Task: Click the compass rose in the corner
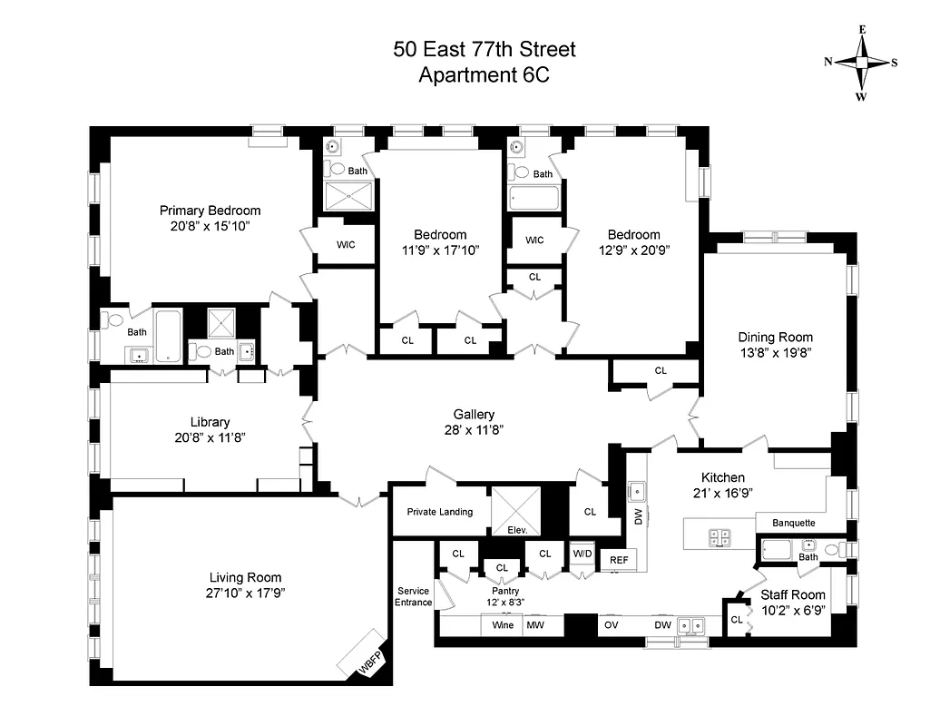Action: (861, 63)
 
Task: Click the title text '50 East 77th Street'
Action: (484, 49)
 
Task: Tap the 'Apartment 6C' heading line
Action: (484, 75)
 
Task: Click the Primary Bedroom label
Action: (210, 211)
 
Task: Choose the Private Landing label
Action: (439, 512)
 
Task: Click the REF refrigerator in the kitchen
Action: (618, 560)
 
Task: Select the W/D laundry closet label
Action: (582, 554)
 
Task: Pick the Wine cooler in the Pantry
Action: (503, 625)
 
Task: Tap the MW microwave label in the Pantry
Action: (535, 625)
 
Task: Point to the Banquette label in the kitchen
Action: (793, 523)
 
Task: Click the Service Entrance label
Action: (413, 596)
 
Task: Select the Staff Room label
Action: (793, 595)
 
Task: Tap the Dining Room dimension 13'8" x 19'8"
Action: (775, 353)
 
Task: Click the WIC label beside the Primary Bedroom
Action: (345, 244)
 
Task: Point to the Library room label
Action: (210, 422)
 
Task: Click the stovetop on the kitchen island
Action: (719, 537)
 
